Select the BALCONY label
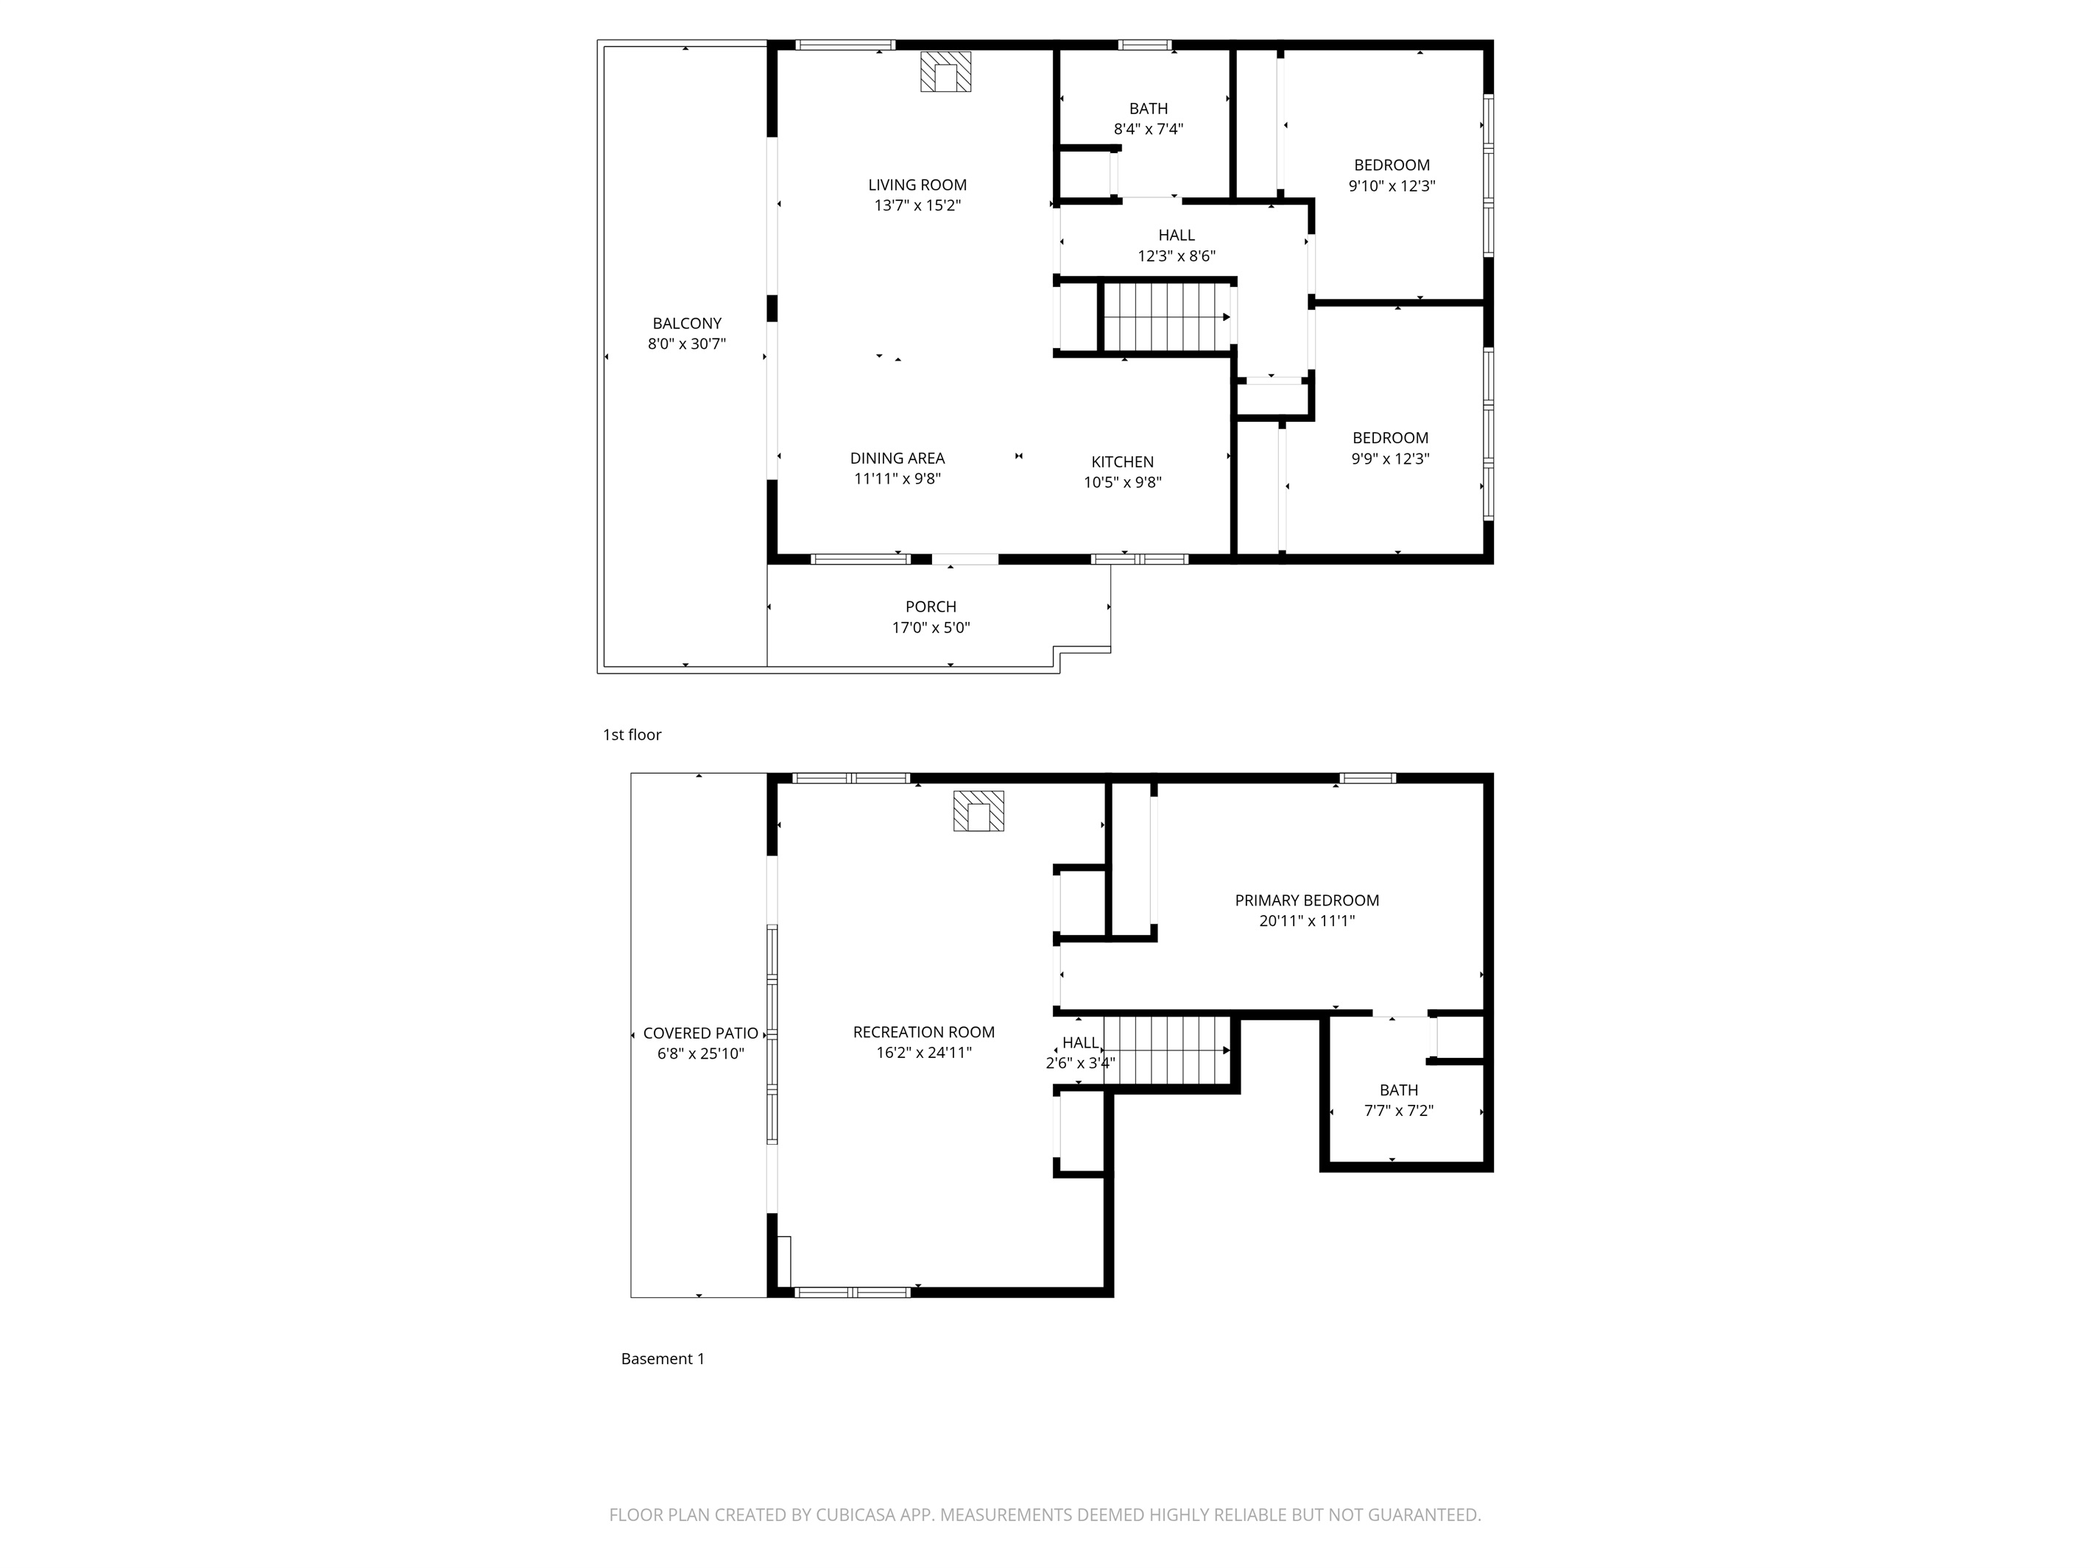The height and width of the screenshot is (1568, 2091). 686,323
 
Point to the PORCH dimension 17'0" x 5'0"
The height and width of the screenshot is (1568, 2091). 931,628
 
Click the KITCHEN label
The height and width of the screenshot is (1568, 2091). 1122,462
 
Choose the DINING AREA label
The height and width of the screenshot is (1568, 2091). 897,459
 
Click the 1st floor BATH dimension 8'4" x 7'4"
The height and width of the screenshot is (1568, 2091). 1149,130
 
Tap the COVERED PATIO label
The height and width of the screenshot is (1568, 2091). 700,1033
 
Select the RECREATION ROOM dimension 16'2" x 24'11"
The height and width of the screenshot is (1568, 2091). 923,1053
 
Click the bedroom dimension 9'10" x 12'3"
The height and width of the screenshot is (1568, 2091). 1392,186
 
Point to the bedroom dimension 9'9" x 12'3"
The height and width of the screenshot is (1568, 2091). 1389,459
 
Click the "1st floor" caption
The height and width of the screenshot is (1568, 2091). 632,735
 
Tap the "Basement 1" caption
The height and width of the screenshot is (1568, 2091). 663,1358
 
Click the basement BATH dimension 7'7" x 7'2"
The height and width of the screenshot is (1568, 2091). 1398,1111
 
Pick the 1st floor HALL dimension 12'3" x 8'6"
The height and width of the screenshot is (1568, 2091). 1176,256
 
